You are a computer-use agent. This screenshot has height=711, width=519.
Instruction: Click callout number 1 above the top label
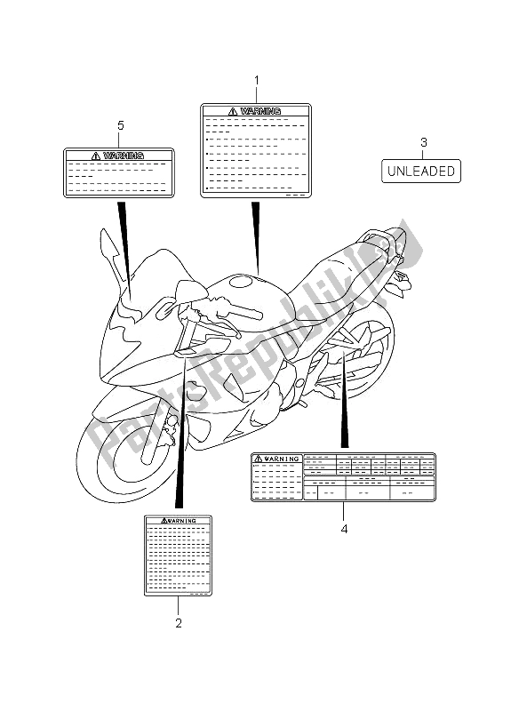pos(257,81)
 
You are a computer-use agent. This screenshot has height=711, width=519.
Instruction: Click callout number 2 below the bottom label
pos(179,623)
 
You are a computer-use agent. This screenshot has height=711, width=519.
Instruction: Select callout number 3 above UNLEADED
pos(424,142)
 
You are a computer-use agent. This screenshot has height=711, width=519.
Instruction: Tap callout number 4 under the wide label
pos(345,529)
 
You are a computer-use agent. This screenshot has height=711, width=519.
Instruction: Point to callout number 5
pos(121,125)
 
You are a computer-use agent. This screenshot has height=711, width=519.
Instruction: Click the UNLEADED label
pos(421,171)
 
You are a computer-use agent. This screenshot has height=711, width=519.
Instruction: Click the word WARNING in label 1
pos(260,111)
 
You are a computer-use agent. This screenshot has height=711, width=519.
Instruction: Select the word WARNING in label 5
pos(124,156)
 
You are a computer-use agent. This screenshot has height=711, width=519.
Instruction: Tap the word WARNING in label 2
pos(182,521)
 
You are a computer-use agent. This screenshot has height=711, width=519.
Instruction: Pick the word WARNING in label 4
pos(282,459)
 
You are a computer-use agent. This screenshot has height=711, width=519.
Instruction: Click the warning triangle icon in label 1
pos(233,111)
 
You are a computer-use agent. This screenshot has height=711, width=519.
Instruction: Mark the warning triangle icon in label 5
pos(96,156)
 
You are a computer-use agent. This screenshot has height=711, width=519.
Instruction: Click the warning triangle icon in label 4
pos(258,459)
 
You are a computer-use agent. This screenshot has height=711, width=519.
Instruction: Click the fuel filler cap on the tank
pos(244,282)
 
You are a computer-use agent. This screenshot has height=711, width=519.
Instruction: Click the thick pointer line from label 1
pos(257,238)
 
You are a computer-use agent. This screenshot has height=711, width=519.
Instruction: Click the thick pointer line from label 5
pos(125,251)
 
